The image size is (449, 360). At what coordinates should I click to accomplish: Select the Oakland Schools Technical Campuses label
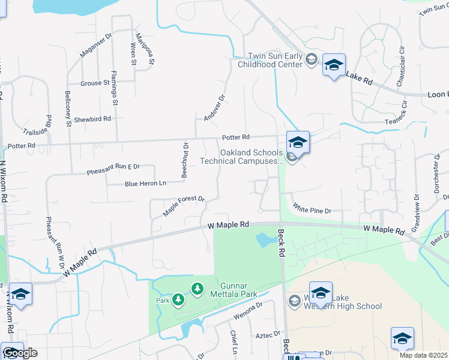tap(251, 157)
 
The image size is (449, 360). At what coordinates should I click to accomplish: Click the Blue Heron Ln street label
tap(145, 184)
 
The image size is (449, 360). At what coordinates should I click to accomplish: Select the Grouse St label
tap(94, 83)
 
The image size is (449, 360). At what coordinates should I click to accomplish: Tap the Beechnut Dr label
tap(186, 160)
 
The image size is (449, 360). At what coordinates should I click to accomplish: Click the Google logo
tap(20, 353)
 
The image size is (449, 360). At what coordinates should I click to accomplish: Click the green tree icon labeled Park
tap(178, 299)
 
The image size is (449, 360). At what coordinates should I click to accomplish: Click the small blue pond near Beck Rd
tap(264, 241)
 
